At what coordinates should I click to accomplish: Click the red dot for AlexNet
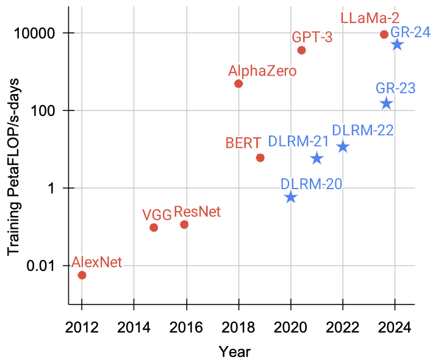(x=82, y=275)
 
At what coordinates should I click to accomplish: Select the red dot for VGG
(x=154, y=228)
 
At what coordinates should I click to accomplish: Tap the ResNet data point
(x=184, y=225)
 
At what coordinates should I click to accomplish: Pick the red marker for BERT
(x=260, y=158)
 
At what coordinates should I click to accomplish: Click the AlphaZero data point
(x=238, y=84)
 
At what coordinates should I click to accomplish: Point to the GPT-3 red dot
(x=301, y=50)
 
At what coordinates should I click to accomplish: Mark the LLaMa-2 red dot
(x=384, y=34)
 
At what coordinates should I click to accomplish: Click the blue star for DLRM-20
(x=291, y=197)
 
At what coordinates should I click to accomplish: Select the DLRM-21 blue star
(x=317, y=159)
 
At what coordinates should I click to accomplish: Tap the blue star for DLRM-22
(x=343, y=146)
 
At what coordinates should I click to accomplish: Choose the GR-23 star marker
(x=386, y=104)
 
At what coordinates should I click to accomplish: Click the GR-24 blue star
(x=397, y=45)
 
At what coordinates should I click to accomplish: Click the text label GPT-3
(x=312, y=37)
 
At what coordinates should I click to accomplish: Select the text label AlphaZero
(x=262, y=71)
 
